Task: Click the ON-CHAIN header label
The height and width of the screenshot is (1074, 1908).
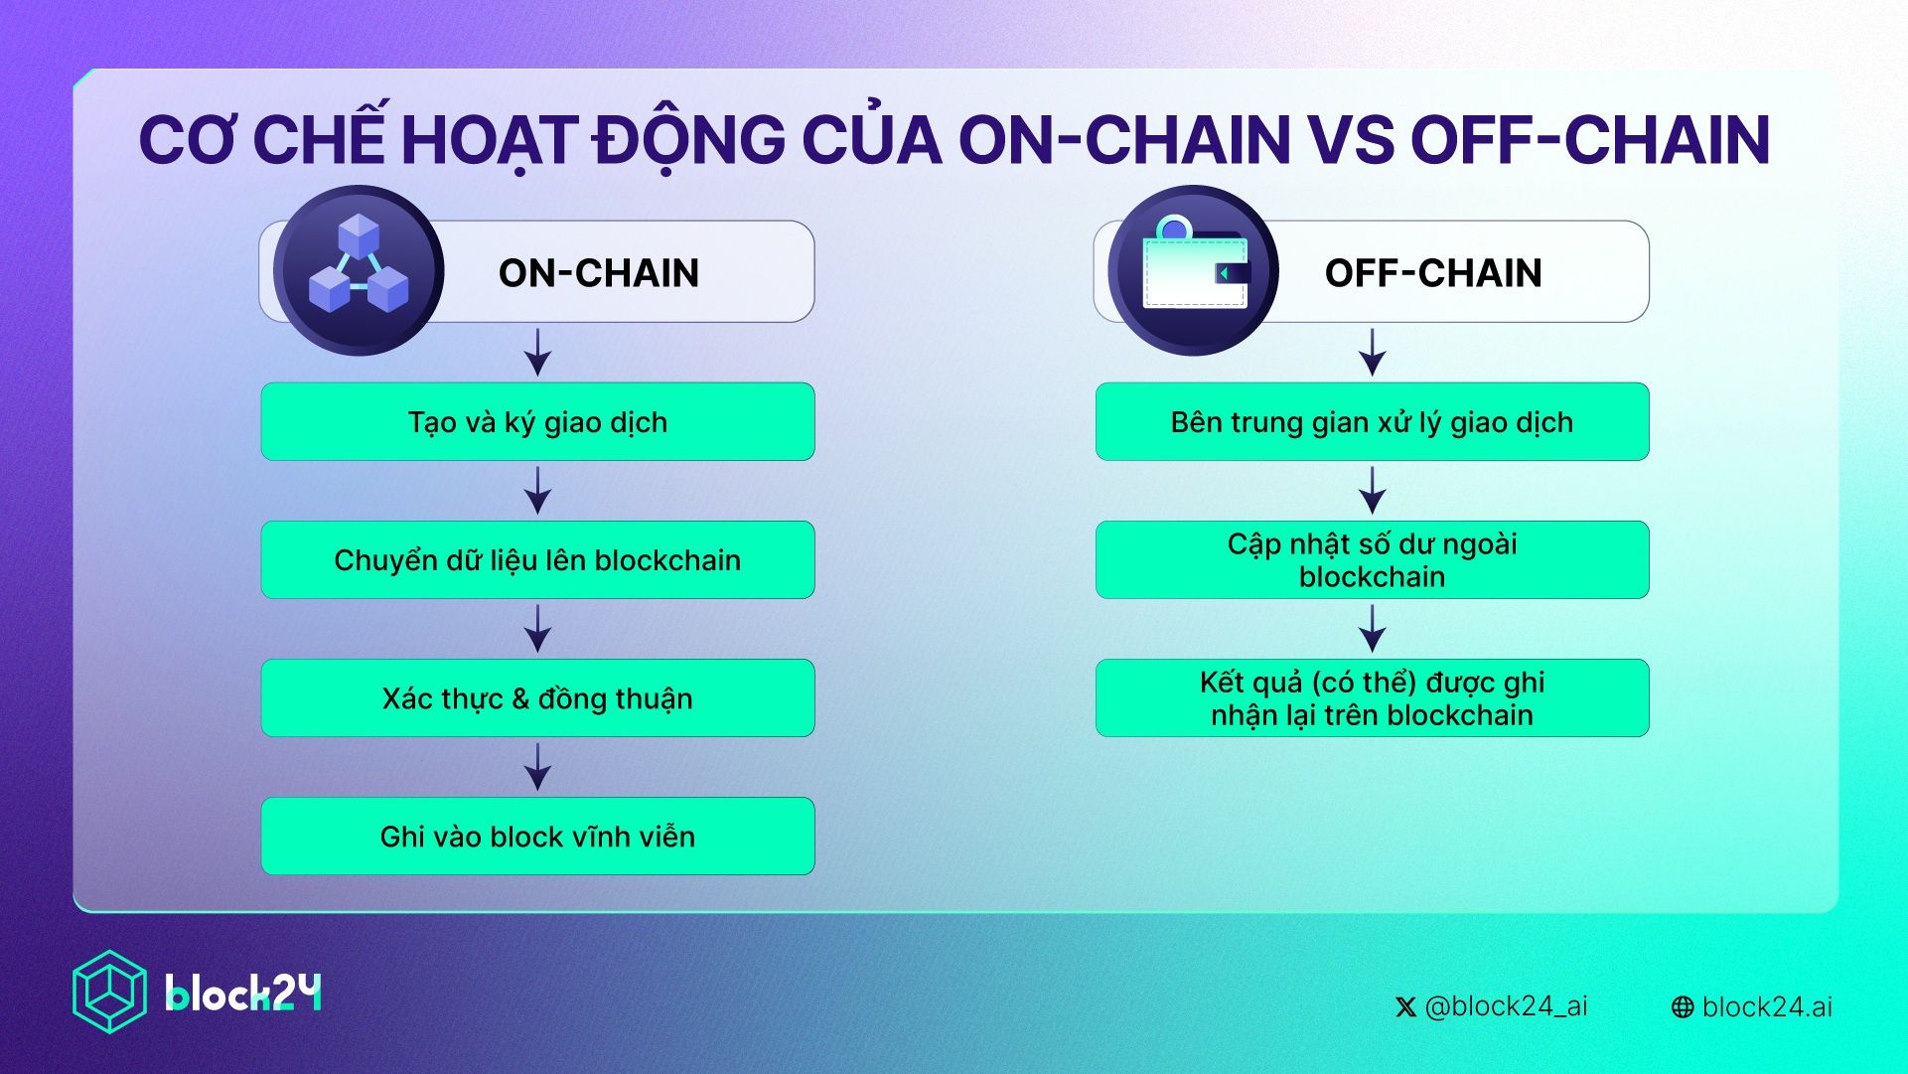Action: click(599, 272)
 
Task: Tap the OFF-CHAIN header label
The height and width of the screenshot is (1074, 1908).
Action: click(1433, 272)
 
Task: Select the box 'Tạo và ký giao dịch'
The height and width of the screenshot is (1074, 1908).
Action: click(537, 421)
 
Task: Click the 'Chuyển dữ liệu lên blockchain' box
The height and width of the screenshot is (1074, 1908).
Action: click(537, 559)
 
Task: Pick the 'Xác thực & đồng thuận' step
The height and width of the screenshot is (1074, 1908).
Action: click(537, 697)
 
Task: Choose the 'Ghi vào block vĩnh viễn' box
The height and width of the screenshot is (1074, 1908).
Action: click(537, 836)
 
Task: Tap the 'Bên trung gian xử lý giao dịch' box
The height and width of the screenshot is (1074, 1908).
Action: click(1372, 421)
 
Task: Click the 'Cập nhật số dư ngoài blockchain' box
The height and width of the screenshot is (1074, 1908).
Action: click(1372, 559)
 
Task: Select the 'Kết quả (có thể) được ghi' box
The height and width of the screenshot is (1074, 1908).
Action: click(1372, 697)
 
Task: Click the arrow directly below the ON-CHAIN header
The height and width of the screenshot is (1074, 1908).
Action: click(537, 352)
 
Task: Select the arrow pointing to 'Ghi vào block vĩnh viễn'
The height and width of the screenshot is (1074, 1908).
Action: click(537, 767)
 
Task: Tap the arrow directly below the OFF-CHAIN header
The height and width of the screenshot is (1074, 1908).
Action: click(1372, 352)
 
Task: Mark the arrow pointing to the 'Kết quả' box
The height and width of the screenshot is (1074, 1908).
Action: click(1372, 629)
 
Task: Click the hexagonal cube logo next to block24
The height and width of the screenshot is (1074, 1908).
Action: click(109, 992)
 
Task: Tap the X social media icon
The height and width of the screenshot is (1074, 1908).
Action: click(1405, 1007)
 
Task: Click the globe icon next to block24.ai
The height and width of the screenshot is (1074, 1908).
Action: click(1683, 1007)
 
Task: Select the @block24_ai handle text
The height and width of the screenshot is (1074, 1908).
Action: click(1506, 1006)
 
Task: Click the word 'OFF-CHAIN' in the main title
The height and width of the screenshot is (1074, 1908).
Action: click(1589, 139)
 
